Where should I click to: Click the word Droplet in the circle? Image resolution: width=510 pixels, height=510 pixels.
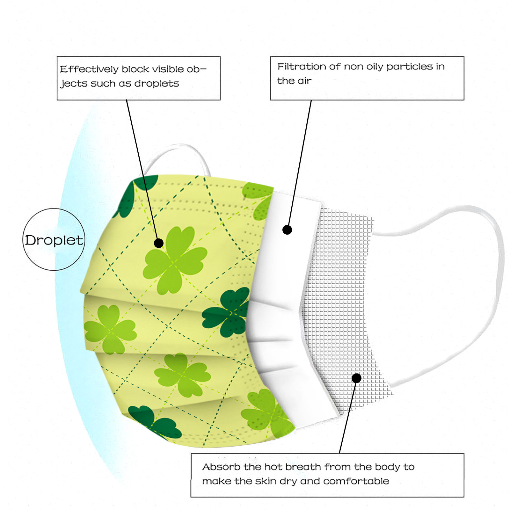54,240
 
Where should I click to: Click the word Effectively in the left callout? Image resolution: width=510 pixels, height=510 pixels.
89,69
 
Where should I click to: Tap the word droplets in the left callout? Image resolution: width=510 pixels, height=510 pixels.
157,84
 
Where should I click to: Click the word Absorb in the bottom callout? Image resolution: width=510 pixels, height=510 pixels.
221,467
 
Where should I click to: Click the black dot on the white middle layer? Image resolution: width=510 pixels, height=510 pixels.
287,230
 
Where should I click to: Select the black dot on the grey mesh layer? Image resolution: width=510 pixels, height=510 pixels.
356,378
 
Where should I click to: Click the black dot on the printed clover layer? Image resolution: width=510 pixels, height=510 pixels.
159,243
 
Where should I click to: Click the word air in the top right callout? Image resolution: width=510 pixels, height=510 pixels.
304,81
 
